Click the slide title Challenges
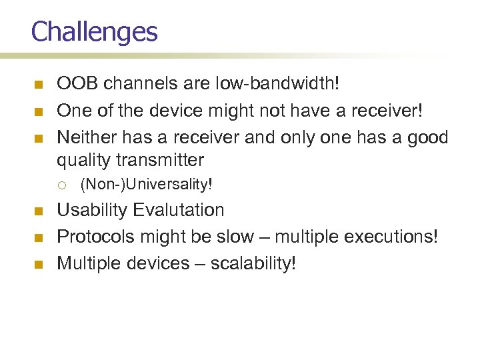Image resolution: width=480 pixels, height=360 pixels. click(94, 31)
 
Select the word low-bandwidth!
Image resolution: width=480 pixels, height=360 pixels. click(286, 84)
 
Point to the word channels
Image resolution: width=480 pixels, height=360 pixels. click(133, 84)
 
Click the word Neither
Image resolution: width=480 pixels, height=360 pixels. click(83, 137)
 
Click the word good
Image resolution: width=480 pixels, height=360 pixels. click(429, 137)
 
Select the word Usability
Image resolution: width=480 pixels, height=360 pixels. click(92, 210)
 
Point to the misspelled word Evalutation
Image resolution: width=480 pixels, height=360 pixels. click(178, 210)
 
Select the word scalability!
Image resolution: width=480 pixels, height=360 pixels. click(253, 263)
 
